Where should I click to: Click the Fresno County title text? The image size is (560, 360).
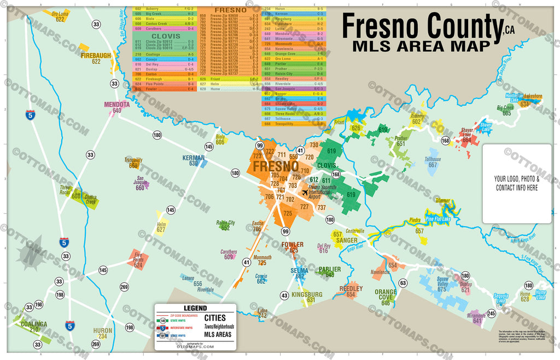(x=421, y=25)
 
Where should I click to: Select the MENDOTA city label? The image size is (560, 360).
(x=116, y=104)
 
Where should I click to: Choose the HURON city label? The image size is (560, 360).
(x=102, y=330)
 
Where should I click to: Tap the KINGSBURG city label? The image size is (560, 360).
(x=307, y=294)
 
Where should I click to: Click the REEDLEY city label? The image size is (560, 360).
(x=351, y=288)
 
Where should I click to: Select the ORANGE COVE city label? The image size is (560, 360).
(x=386, y=292)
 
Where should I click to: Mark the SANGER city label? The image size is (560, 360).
(x=347, y=240)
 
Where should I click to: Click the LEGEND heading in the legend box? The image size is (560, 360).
(x=195, y=309)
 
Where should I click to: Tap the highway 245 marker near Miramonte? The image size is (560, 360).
(x=491, y=313)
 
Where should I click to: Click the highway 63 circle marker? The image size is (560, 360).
(x=402, y=283)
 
